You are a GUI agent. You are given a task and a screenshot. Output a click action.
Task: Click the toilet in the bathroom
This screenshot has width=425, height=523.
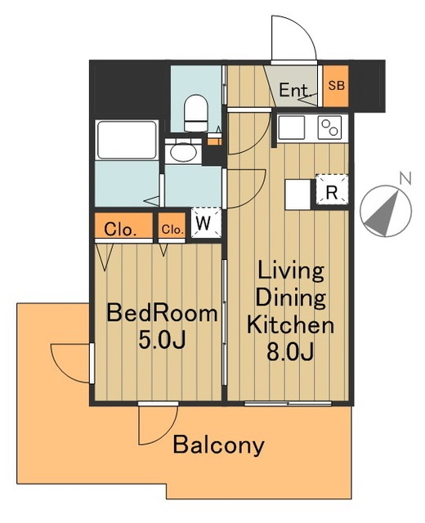(x=195, y=113)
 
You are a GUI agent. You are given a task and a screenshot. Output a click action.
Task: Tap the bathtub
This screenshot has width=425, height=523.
(x=127, y=140)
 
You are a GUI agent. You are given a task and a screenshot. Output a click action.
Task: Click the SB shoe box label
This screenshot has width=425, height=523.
(x=336, y=85)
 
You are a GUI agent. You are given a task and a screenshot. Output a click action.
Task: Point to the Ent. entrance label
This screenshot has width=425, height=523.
(x=293, y=90)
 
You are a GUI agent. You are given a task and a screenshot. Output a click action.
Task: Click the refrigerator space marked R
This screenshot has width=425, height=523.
(x=332, y=193)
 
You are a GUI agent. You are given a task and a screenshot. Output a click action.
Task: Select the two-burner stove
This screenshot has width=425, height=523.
(x=329, y=127)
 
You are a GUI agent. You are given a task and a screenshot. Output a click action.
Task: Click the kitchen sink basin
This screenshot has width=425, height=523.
(x=291, y=127)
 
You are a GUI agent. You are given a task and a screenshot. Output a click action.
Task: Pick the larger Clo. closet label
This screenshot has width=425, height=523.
(x=120, y=230)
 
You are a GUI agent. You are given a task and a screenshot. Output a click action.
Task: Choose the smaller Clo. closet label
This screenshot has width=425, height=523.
(x=172, y=229)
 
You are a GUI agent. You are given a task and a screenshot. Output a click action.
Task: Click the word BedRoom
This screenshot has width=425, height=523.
(x=162, y=314)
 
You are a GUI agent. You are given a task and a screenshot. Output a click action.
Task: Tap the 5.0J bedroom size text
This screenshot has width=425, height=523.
(x=162, y=340)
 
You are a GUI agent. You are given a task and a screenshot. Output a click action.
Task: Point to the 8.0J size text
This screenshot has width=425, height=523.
(x=290, y=352)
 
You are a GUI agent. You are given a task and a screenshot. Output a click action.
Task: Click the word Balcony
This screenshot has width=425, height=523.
(x=218, y=445)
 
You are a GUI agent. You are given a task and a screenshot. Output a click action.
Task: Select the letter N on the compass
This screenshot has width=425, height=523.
(x=405, y=179)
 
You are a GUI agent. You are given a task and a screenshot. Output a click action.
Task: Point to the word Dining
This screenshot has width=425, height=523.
(x=290, y=297)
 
